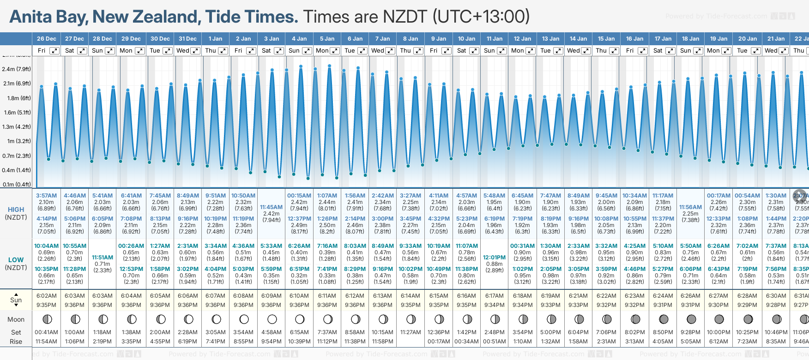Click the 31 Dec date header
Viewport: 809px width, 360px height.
[187, 39]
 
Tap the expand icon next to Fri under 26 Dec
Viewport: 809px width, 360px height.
[54, 51]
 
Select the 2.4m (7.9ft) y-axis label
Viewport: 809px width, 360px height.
[16, 69]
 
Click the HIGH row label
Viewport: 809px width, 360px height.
[16, 210]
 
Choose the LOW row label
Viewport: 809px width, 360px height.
[16, 260]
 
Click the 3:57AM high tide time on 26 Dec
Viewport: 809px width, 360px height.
[46, 196]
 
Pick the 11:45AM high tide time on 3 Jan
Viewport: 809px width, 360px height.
[271, 207]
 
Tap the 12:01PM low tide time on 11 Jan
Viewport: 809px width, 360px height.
[494, 258]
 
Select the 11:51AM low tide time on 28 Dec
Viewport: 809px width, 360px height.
[103, 258]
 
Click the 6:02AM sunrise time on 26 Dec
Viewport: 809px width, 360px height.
[46, 296]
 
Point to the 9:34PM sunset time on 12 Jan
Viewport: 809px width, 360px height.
[522, 305]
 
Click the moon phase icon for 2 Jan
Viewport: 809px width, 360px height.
[244, 319]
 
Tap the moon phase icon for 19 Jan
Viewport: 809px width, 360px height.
[719, 319]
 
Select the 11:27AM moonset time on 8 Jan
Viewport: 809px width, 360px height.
[411, 332]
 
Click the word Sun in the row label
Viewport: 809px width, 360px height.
[16, 300]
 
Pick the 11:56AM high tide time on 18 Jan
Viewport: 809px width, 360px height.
[690, 207]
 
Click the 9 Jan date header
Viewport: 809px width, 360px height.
[439, 39]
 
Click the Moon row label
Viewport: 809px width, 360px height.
[16, 319]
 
